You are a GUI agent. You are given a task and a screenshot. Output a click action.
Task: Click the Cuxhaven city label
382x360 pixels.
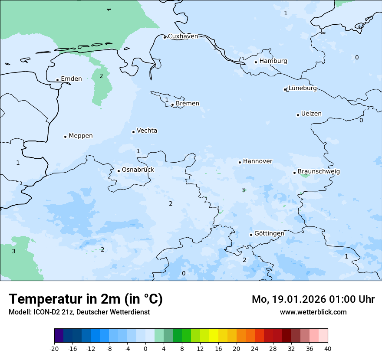(x=183, y=36)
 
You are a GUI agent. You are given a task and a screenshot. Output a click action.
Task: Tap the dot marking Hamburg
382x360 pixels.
(x=256, y=62)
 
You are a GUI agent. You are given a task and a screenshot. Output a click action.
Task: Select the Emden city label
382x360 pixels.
(x=71, y=79)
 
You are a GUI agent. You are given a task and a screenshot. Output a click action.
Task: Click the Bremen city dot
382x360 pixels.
(x=172, y=105)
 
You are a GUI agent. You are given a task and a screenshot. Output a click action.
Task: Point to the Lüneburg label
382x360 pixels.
(x=303, y=88)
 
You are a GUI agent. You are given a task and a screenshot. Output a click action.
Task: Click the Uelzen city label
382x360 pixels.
(x=311, y=114)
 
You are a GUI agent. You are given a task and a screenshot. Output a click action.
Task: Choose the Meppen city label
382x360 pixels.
(x=81, y=136)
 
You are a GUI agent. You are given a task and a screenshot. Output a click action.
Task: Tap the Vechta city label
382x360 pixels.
(x=147, y=131)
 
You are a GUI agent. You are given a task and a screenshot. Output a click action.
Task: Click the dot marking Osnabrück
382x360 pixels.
(x=119, y=171)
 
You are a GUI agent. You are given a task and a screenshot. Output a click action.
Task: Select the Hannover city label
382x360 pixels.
(x=257, y=161)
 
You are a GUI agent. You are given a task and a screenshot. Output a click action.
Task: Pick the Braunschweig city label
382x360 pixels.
(x=319, y=172)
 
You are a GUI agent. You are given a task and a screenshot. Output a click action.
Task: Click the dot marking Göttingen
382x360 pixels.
(x=251, y=235)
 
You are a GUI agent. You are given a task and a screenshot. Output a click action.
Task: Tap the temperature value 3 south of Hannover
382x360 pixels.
(x=243, y=190)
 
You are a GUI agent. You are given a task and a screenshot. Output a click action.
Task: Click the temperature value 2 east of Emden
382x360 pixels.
(x=101, y=76)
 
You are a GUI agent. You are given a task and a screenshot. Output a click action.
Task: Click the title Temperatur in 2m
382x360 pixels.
(x=86, y=299)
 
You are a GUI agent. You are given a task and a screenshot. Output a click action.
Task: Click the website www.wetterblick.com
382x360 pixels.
(x=313, y=312)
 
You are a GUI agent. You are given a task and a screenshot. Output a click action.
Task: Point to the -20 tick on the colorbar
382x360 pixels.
(x=54, y=349)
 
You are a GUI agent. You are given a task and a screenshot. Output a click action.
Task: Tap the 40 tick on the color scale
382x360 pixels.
(x=327, y=349)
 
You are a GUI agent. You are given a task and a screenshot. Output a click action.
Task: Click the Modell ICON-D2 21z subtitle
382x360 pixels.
(x=79, y=312)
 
